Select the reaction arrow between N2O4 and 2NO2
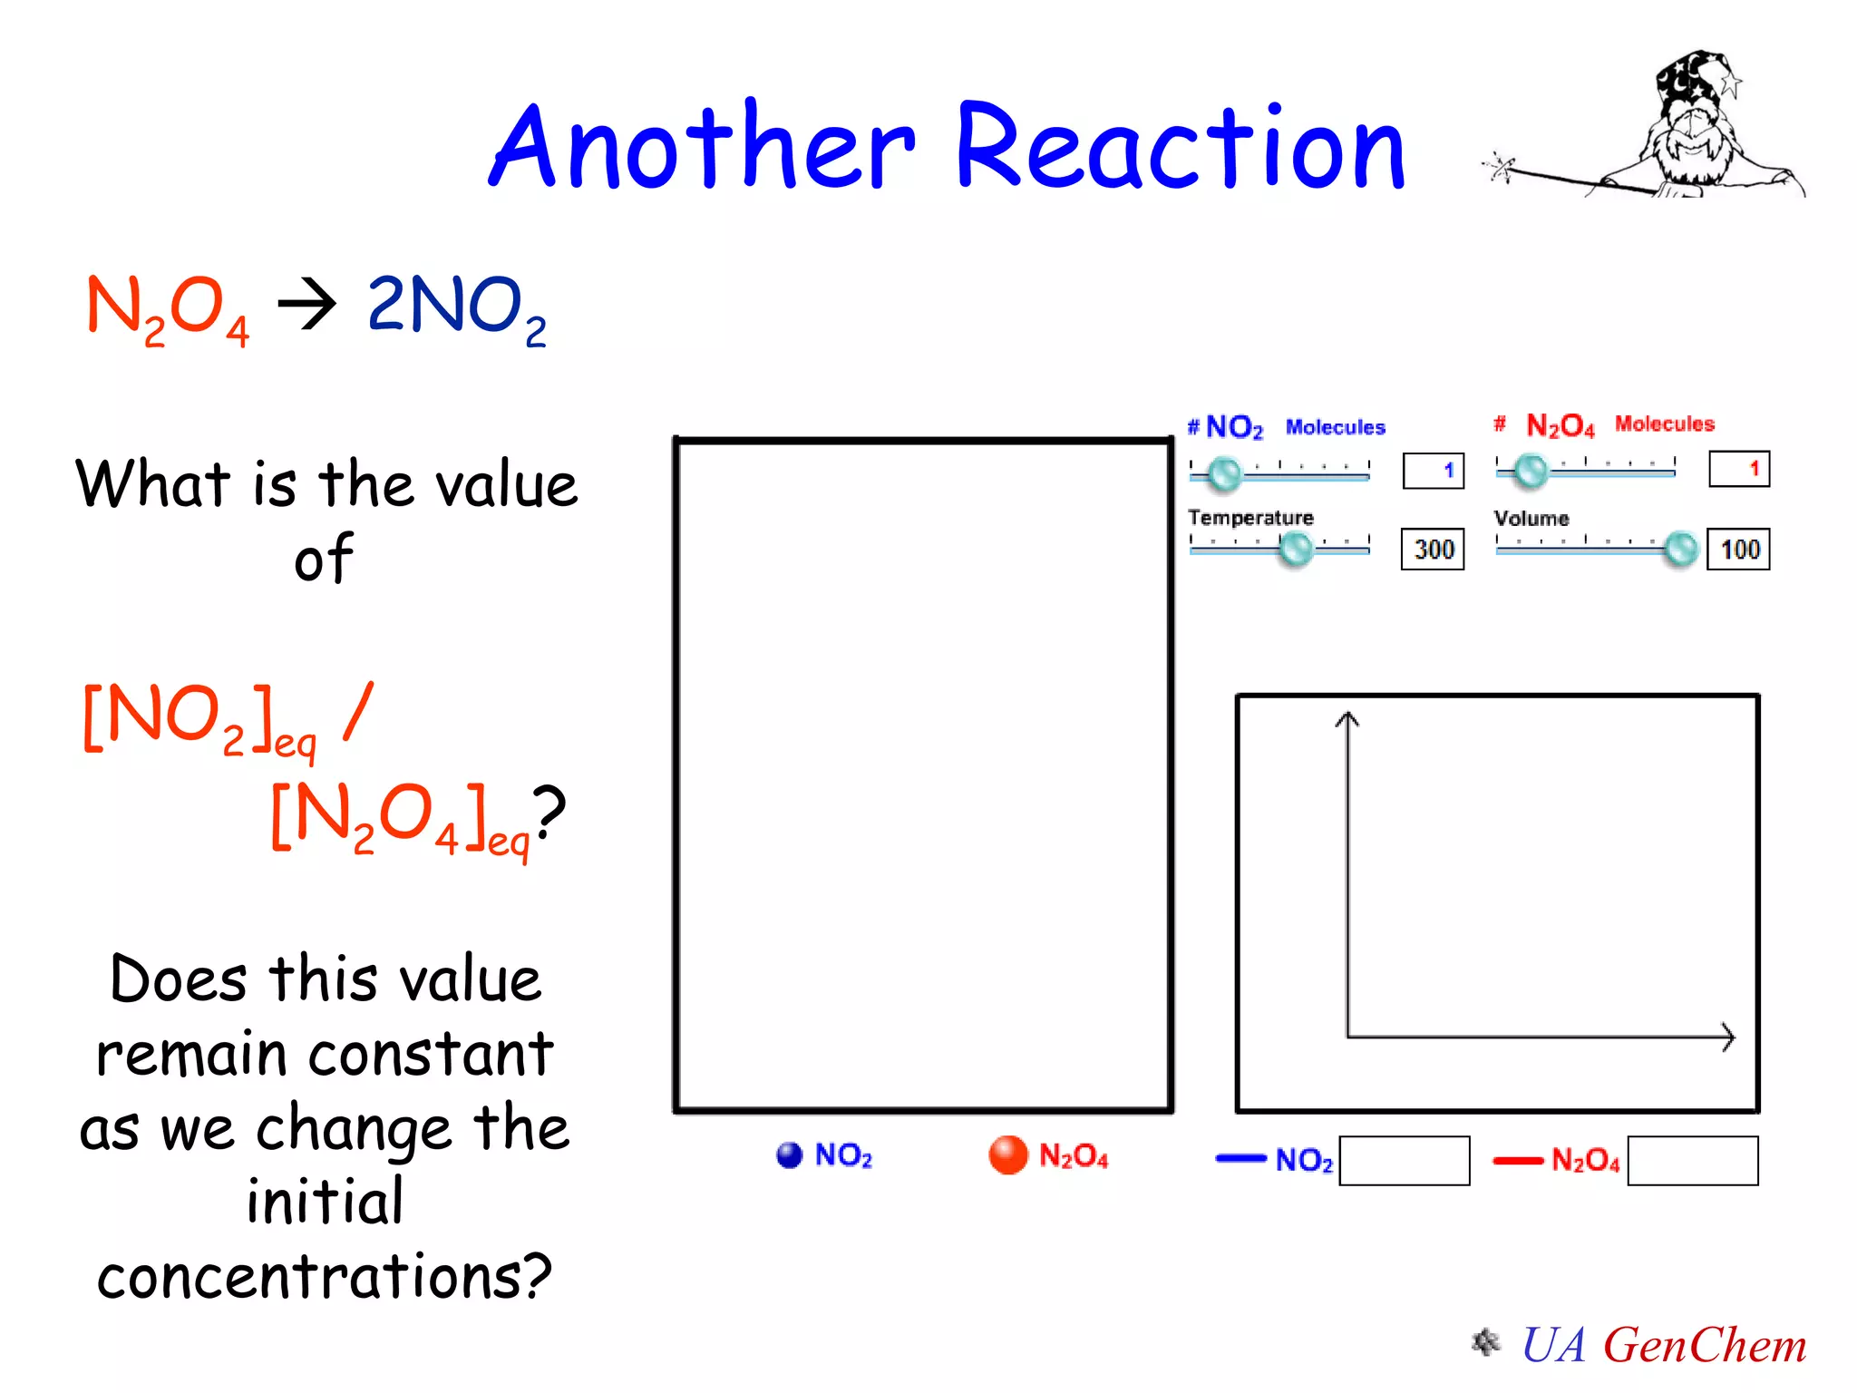pyautogui.click(x=306, y=305)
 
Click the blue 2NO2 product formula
pyautogui.click(x=456, y=308)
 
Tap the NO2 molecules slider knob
pyautogui.click(x=1224, y=472)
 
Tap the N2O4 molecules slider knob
pyautogui.click(x=1531, y=471)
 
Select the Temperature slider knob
pyautogui.click(x=1295, y=549)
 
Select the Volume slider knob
pyautogui.click(x=1680, y=549)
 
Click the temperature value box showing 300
pyautogui.click(x=1433, y=550)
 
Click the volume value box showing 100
pyautogui.click(x=1738, y=550)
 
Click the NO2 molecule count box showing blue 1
pyautogui.click(x=1433, y=471)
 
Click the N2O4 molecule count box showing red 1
pyautogui.click(x=1738, y=470)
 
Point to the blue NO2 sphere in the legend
pyautogui.click(x=790, y=1154)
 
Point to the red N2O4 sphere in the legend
pyautogui.click(x=1007, y=1154)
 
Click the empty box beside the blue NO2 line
pyautogui.click(x=1404, y=1161)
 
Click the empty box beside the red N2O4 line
pyautogui.click(x=1692, y=1161)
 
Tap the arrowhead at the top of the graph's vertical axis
pyautogui.click(x=1347, y=719)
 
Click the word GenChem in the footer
pyautogui.click(x=1705, y=1345)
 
